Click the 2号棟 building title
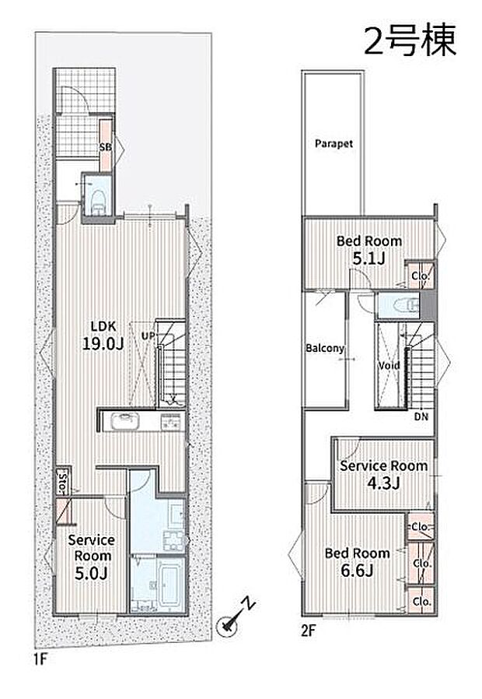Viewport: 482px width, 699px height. pos(410,40)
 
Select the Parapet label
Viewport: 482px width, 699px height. pos(334,143)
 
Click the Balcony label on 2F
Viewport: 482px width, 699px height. pos(325,348)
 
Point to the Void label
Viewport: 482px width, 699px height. pos(389,366)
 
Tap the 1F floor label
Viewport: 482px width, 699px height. pos(40,659)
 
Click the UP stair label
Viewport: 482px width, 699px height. pos(148,335)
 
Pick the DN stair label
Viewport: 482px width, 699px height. pos(421,416)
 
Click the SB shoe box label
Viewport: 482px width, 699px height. pos(106,146)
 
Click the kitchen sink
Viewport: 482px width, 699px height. pos(125,421)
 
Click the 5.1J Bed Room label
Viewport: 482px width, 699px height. pos(369,250)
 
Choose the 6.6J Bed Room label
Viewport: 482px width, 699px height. pos(358,562)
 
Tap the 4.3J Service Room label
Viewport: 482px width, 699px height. pos(383,474)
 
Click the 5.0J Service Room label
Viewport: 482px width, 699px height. pos(91,557)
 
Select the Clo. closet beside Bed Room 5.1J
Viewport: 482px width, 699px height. pos(421,276)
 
